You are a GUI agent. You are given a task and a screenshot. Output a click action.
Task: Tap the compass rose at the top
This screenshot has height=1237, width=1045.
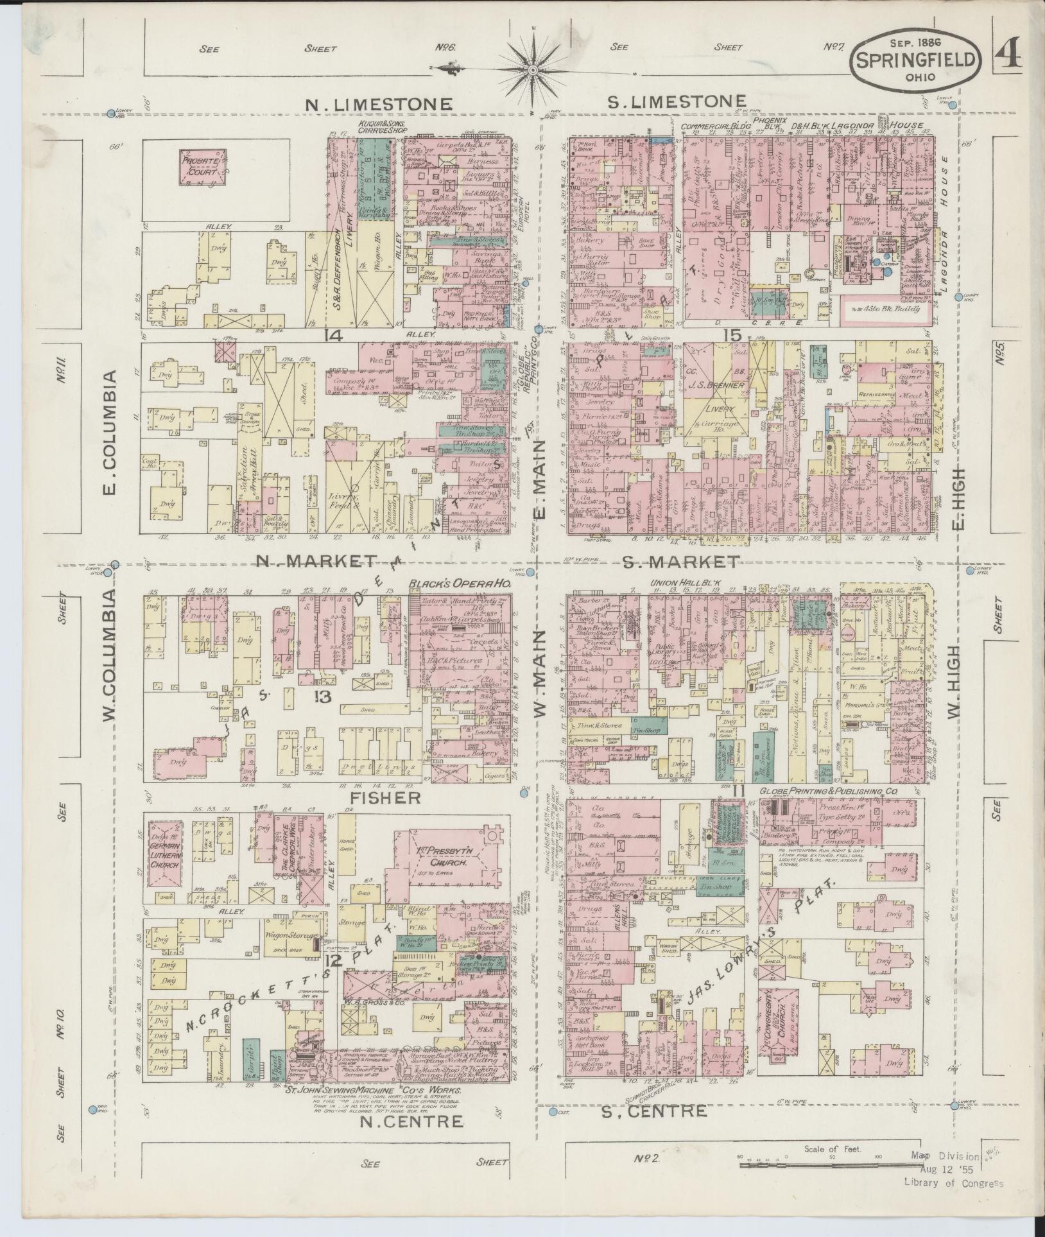[x=533, y=68]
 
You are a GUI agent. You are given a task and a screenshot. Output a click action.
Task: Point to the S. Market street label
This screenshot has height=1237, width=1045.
[x=680, y=562]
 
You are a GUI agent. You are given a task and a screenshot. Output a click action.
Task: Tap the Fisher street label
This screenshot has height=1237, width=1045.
[x=385, y=798]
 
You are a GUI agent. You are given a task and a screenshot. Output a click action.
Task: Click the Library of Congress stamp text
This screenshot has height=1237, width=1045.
[x=953, y=1184]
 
